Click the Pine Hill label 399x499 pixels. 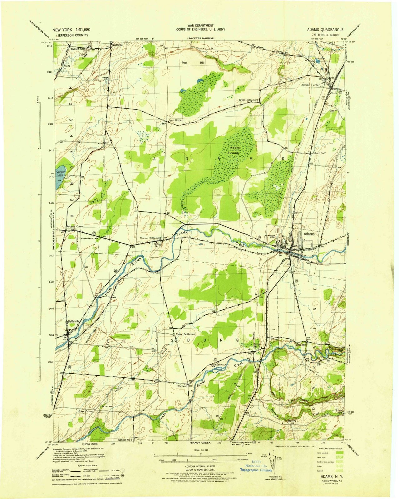[193, 63]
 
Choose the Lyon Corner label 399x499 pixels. [175, 120]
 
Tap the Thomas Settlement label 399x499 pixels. [150, 238]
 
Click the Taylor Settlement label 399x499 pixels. [186, 334]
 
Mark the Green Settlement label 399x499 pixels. [249, 100]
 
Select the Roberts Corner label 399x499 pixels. [75, 226]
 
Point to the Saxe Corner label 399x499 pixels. [86, 411]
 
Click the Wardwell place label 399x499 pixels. [181, 386]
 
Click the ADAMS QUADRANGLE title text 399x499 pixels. [325, 30]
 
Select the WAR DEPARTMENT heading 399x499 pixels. [200, 26]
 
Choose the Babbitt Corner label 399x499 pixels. [79, 49]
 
